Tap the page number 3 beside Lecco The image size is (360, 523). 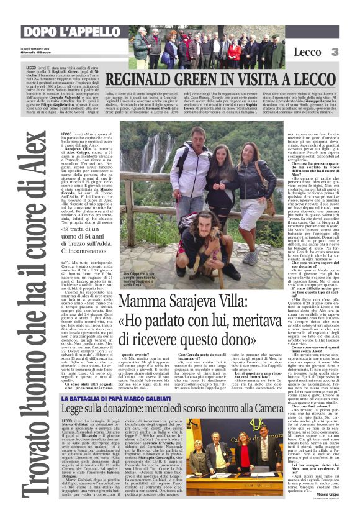click(x=335, y=52)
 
